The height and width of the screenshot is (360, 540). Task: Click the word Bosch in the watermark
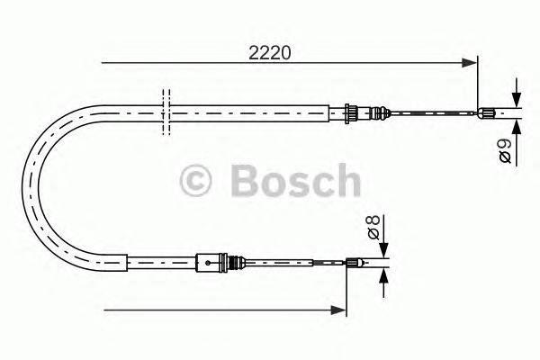coord(294,181)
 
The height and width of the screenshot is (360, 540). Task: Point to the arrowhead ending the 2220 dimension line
coord(469,63)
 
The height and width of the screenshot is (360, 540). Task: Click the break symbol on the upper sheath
coord(165,112)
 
